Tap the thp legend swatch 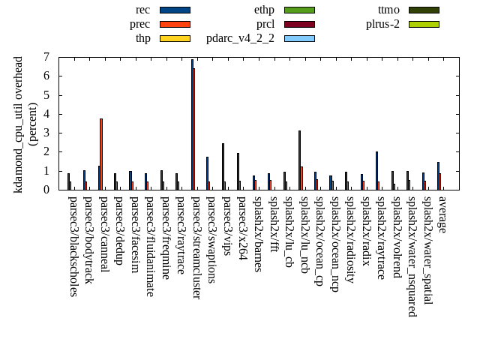[x=175, y=38]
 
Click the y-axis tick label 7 [x=46, y=57]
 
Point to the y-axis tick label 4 [x=46, y=114]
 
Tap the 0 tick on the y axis [x=46, y=190]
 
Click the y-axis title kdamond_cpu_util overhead [x=19, y=124]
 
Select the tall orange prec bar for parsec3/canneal [x=101, y=154]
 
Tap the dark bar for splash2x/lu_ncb [x=299, y=160]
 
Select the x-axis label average [x=442, y=214]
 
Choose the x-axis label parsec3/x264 [x=242, y=228]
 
